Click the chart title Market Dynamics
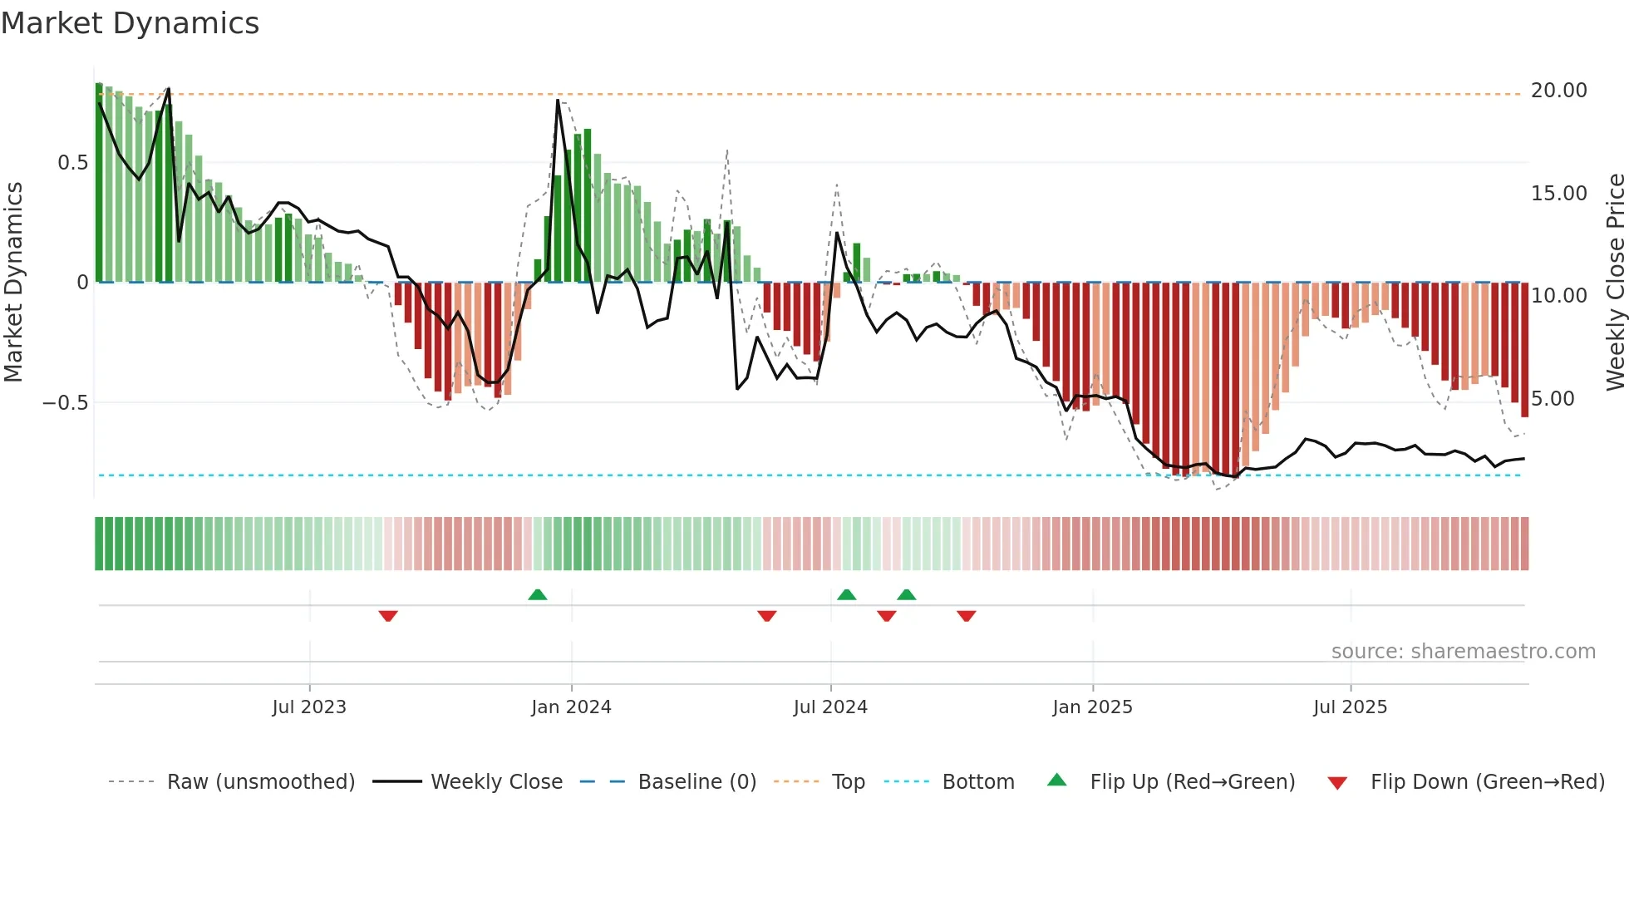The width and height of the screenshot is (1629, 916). (130, 23)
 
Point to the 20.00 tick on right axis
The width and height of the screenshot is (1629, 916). (1558, 91)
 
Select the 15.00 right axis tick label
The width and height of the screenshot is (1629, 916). (1558, 194)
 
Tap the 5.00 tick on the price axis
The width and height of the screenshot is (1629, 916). (1553, 399)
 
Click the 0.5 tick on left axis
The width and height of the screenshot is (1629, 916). (72, 163)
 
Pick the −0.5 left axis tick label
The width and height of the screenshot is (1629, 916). (65, 403)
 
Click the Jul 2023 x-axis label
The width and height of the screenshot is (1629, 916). (309, 707)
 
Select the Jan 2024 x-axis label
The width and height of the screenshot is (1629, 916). (571, 707)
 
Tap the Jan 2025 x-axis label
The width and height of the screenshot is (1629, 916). (1092, 707)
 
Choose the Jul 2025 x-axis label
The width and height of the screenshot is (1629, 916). (1350, 707)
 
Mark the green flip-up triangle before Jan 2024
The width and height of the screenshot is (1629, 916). (538, 594)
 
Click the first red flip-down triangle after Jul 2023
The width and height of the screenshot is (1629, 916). (388, 616)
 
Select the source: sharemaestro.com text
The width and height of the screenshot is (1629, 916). (1463, 652)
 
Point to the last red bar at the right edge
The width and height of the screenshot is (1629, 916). (1524, 349)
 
